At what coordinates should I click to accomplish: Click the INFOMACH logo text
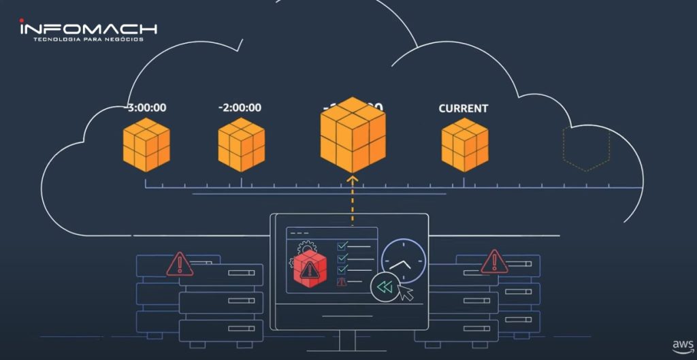tap(88, 29)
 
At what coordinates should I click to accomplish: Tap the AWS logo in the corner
tap(683, 346)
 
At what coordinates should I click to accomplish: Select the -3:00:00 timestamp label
tap(146, 108)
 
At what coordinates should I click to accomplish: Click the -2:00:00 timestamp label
tap(240, 108)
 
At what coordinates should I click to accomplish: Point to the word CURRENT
tap(463, 108)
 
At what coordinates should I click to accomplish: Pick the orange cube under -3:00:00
tap(146, 144)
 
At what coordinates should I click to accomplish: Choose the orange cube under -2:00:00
tap(242, 144)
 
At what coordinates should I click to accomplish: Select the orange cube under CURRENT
tap(465, 144)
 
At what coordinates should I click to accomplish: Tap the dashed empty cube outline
tap(586, 146)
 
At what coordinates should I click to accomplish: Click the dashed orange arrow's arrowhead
tap(352, 180)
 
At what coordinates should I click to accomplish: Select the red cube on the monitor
tap(310, 269)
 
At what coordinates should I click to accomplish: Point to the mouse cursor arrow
tap(406, 293)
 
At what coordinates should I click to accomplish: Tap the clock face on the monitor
tap(403, 261)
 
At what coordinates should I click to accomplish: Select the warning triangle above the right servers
tap(493, 261)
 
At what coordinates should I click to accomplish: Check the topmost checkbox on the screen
tap(342, 246)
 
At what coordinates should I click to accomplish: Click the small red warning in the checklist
tap(342, 282)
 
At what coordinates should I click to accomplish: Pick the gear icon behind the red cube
tap(304, 246)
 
